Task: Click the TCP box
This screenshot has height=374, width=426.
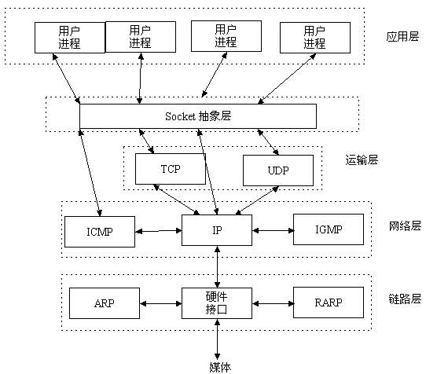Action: point(170,168)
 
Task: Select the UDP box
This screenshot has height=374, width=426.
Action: point(277,169)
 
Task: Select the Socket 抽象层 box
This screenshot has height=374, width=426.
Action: point(198,115)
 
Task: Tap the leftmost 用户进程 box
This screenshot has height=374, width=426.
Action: point(69,37)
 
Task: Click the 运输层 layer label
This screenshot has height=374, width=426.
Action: point(362,159)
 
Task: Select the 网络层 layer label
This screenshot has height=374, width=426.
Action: point(405,226)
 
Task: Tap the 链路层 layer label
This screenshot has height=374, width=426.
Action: point(405,299)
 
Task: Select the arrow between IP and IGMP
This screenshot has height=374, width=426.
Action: point(273,230)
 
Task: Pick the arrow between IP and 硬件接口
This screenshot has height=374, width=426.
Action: point(218,266)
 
